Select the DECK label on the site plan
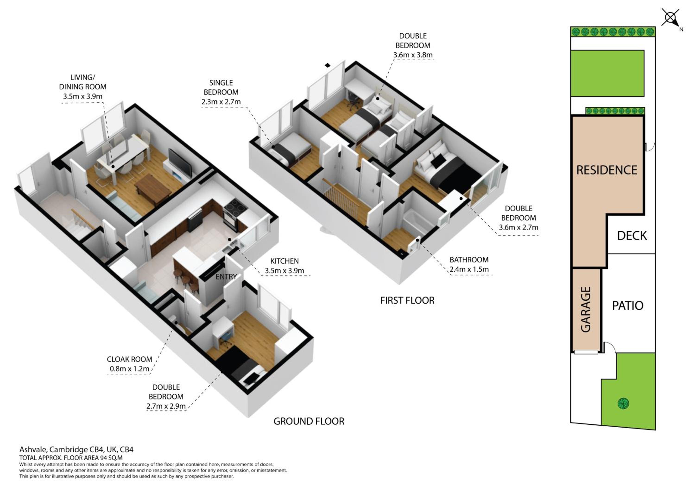(x=632, y=236)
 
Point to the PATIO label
(x=628, y=306)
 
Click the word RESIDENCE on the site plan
(x=607, y=170)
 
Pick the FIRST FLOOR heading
(x=407, y=301)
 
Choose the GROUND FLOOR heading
(x=309, y=421)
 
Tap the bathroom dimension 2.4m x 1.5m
(x=469, y=269)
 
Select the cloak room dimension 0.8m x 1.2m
(x=129, y=369)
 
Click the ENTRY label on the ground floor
(x=226, y=277)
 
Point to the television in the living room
(x=180, y=164)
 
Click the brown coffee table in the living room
(x=153, y=187)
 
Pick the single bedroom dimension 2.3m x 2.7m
(x=221, y=102)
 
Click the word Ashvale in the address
(x=33, y=450)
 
